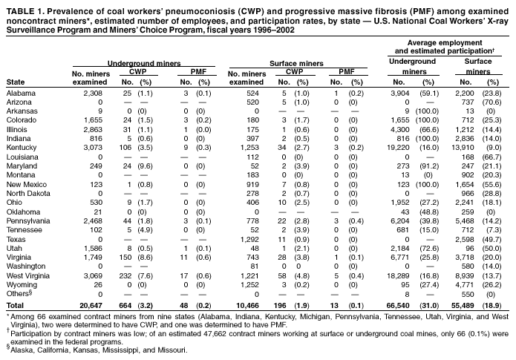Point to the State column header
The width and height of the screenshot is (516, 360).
pos(15,82)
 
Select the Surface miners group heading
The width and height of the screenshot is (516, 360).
pos(292,66)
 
